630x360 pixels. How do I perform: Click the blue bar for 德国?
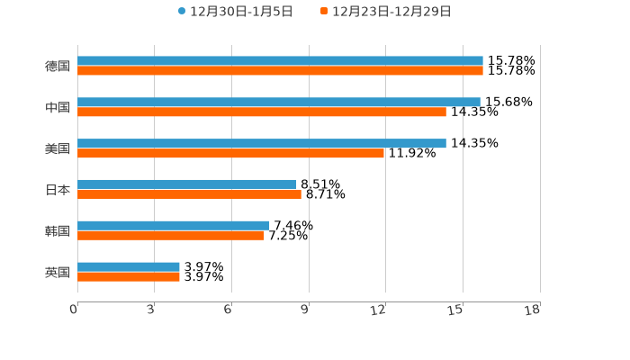tap(280, 61)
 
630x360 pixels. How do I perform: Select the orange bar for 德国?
tap(280, 71)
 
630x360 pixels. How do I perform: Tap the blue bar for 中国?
tap(279, 103)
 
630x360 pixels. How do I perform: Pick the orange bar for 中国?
tap(262, 112)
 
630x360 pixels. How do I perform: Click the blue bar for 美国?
tap(262, 143)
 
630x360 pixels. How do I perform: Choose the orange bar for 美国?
tap(230, 154)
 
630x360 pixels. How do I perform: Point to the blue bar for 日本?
tap(187, 184)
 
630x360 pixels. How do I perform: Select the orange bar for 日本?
tap(189, 194)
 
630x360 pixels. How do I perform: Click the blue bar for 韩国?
tap(174, 225)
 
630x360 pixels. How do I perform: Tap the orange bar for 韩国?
tap(171, 236)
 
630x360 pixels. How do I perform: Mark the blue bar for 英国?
tap(129, 266)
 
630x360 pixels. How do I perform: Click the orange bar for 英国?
tap(129, 277)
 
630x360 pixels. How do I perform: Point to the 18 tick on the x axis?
tap(533, 310)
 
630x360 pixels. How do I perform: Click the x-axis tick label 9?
tap(305, 310)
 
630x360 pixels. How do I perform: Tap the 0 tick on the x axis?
tap(74, 310)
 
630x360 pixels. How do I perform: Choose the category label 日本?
tap(58, 190)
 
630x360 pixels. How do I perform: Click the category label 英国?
tap(58, 272)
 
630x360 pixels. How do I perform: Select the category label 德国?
tap(58, 66)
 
